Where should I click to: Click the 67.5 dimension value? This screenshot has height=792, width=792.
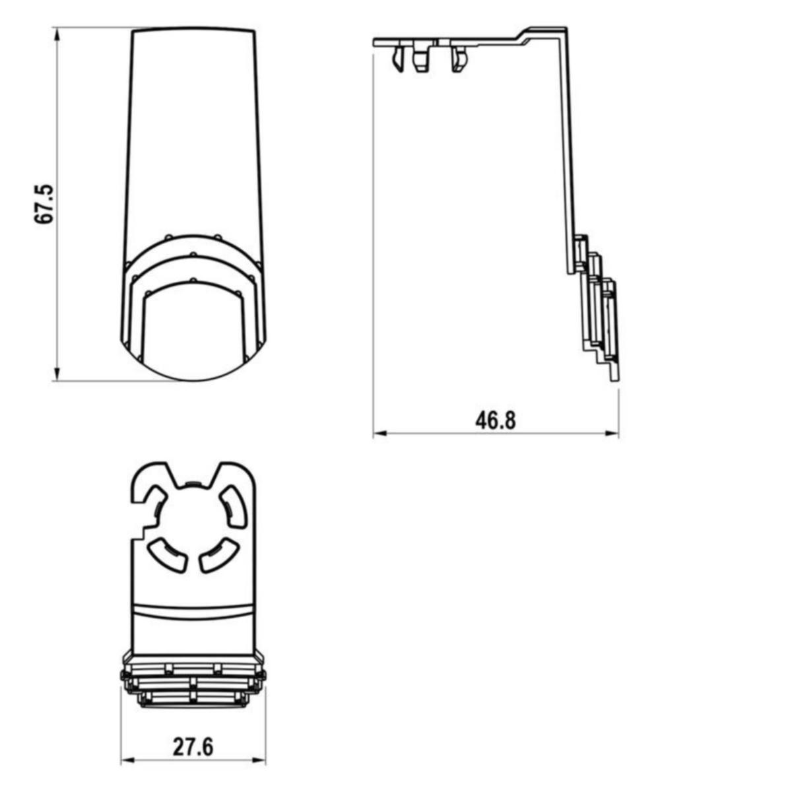click(x=44, y=204)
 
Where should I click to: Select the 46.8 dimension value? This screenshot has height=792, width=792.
click(x=495, y=420)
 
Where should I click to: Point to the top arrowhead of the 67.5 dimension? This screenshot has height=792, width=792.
click(x=57, y=34)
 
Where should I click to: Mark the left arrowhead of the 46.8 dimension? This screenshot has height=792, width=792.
click(x=379, y=433)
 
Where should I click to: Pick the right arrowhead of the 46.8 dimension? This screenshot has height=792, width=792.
click(x=612, y=433)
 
